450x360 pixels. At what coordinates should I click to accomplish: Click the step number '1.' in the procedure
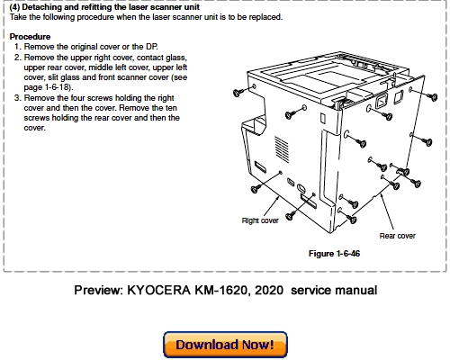click(x=18, y=45)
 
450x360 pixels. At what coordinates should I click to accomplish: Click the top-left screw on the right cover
click(x=238, y=92)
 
